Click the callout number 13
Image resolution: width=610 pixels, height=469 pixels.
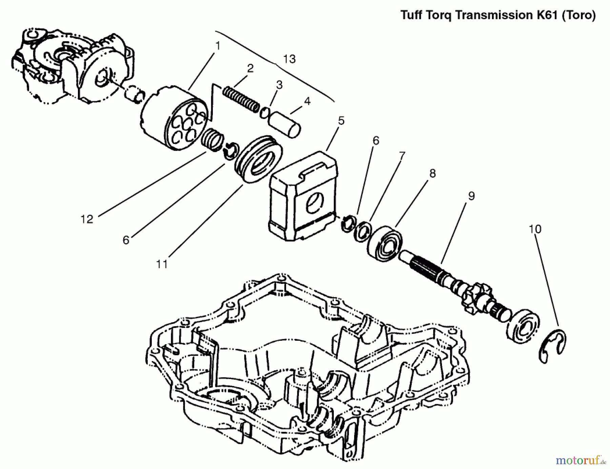coord(289,59)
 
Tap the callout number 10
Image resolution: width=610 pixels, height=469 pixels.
coord(535,229)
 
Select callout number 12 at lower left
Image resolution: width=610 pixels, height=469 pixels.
coord(87,219)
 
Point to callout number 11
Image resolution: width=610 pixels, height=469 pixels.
coord(162,264)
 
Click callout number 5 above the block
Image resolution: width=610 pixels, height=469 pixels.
coord(341,120)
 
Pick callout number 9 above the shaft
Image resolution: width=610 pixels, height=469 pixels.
coord(471,196)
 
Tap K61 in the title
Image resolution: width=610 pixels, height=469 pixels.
coord(547,15)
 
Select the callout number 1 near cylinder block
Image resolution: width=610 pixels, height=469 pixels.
coord(218,45)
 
